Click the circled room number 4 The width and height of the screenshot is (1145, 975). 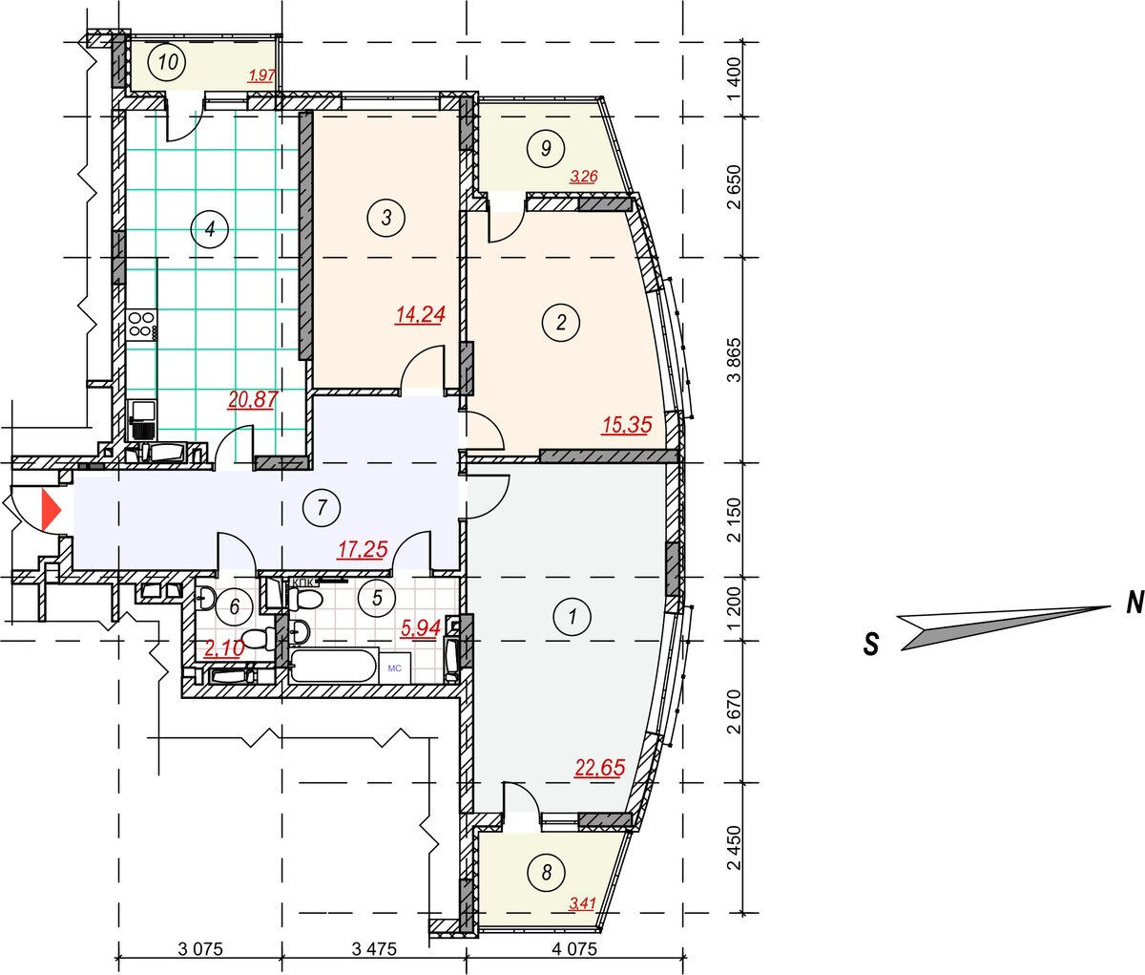210,228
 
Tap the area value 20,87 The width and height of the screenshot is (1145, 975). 253,399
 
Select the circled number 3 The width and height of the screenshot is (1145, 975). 386,218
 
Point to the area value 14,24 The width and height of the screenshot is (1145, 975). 421,315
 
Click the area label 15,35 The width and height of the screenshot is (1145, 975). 627,425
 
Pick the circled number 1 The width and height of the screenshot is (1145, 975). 572,616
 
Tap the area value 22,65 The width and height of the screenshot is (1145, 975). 600,768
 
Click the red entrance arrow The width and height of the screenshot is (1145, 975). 51,509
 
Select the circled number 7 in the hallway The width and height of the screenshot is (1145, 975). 322,508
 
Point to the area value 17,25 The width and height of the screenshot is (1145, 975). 363,549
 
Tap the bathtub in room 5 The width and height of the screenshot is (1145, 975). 333,666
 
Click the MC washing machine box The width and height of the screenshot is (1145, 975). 395,668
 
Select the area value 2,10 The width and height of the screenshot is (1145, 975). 224,648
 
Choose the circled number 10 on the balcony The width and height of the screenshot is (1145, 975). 168,61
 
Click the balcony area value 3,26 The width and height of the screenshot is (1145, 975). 584,177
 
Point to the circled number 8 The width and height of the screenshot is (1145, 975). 547,873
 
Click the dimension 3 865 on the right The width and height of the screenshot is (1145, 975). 735,360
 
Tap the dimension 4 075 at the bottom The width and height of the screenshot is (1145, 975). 574,949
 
